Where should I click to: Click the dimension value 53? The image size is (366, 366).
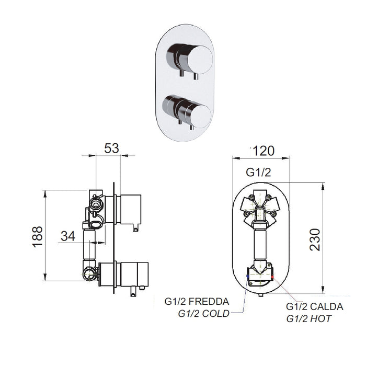(111, 148)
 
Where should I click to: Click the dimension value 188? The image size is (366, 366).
(37, 237)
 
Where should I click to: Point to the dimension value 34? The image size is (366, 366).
(68, 236)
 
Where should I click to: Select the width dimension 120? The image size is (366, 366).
(264, 151)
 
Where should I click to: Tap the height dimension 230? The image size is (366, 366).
(315, 239)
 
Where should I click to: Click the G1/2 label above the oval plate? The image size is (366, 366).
(258, 173)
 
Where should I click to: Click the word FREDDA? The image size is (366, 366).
(209, 302)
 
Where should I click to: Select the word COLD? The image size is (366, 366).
(216, 314)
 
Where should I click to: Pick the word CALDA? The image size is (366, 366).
(327, 307)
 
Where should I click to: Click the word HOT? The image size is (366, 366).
(321, 319)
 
